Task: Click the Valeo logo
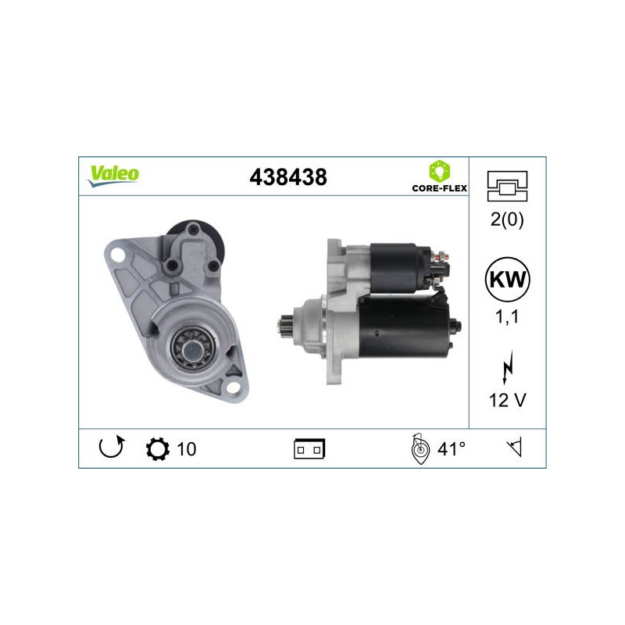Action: pos(113,176)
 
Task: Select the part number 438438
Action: pos(287,177)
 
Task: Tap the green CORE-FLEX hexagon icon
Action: pos(439,171)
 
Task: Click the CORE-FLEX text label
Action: pos(439,188)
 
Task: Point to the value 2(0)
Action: pos(507,220)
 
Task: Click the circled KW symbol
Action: pos(507,280)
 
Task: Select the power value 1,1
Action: pos(507,317)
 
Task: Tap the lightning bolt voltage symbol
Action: pos(507,367)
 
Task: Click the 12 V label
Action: pos(507,400)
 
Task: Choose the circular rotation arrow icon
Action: pos(111,447)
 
